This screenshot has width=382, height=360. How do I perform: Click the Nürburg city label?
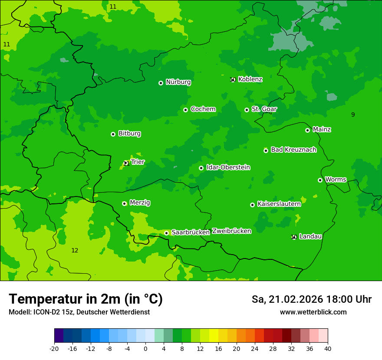[178, 82]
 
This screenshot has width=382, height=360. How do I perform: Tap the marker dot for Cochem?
[185, 110]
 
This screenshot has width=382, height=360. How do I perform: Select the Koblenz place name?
[250, 79]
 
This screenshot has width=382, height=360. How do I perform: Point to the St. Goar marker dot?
[247, 110]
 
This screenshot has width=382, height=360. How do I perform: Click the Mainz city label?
[322, 129]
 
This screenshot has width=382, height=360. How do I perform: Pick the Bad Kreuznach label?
[293, 150]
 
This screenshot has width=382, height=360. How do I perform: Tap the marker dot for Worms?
[320, 180]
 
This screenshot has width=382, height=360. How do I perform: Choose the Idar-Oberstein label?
[228, 167]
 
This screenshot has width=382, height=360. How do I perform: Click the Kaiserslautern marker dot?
[252, 205]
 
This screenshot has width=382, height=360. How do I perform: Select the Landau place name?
[310, 236]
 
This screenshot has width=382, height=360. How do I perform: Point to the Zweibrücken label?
[231, 231]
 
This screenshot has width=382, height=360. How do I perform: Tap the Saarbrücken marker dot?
[166, 233]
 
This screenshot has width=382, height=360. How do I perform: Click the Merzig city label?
[140, 203]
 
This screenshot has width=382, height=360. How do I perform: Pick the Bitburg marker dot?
[113, 134]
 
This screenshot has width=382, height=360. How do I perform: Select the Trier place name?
[138, 162]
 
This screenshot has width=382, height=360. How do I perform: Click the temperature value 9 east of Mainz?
[353, 115]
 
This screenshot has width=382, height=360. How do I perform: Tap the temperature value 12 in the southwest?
[75, 250]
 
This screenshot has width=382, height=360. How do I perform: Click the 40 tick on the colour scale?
[328, 348]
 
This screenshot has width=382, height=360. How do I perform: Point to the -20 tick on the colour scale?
[54, 348]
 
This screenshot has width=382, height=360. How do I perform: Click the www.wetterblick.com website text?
[313, 312]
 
